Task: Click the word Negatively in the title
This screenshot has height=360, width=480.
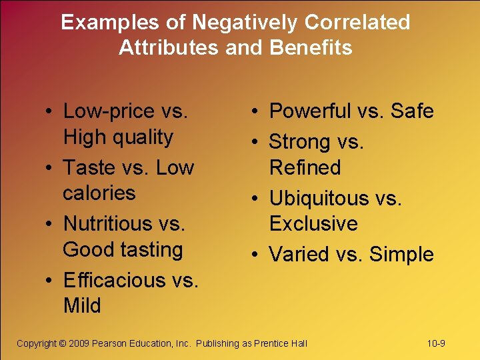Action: (245, 23)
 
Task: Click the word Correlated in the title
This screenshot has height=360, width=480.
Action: (357, 23)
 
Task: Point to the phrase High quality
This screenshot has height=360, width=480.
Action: (118, 137)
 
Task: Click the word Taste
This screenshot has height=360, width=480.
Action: (89, 167)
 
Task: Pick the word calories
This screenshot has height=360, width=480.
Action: (99, 193)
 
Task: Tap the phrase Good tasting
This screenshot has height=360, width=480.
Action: (123, 250)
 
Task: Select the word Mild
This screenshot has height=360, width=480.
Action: (82, 306)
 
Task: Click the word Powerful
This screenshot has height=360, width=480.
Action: (309, 111)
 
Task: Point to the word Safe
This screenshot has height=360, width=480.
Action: (412, 111)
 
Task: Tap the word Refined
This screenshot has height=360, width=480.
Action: (305, 167)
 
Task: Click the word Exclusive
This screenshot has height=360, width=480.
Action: (313, 223)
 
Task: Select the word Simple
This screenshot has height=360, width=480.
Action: (401, 254)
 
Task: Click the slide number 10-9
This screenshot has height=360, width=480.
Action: (436, 343)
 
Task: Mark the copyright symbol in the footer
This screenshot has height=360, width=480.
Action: (63, 343)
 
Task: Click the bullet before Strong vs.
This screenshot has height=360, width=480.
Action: (257, 141)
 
